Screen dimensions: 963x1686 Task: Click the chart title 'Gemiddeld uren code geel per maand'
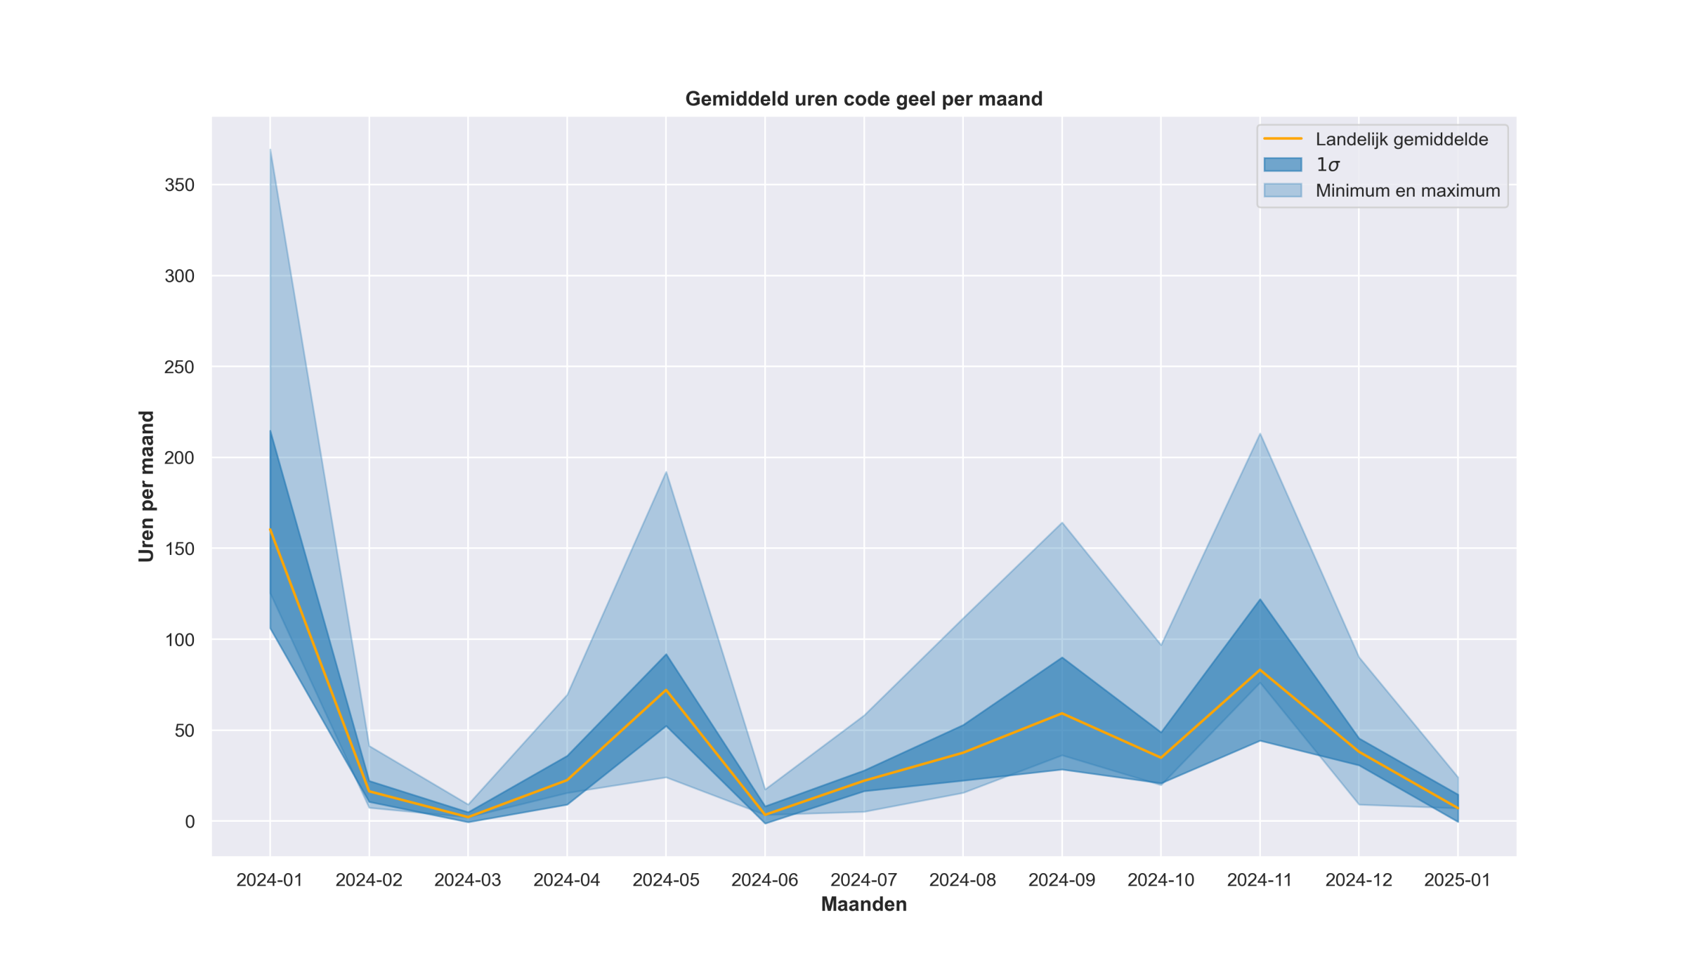point(863,99)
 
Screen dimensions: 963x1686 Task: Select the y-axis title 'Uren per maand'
point(146,486)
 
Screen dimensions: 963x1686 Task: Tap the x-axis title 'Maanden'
point(863,904)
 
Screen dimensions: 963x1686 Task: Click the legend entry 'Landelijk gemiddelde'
point(1401,139)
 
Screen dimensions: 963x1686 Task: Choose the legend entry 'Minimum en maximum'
point(1407,190)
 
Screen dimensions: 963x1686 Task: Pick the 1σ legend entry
point(1327,165)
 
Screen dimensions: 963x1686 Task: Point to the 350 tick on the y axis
point(179,185)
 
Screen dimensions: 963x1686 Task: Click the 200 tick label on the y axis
point(179,458)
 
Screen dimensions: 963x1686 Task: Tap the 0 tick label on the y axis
point(190,822)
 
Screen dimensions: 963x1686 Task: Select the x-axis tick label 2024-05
point(666,880)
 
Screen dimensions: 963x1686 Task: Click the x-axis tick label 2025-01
point(1457,880)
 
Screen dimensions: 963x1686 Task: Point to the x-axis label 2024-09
point(1061,880)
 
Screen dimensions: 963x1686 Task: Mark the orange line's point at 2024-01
point(270,529)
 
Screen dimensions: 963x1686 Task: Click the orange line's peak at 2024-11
point(1260,669)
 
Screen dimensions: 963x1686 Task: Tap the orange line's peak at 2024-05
point(666,690)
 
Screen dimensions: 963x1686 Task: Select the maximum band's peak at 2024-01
point(270,150)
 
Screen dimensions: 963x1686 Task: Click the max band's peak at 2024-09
point(1061,523)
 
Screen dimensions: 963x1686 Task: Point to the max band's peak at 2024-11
point(1260,433)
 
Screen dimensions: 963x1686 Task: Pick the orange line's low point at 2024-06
point(765,815)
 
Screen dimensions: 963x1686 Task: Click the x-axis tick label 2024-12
point(1358,880)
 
